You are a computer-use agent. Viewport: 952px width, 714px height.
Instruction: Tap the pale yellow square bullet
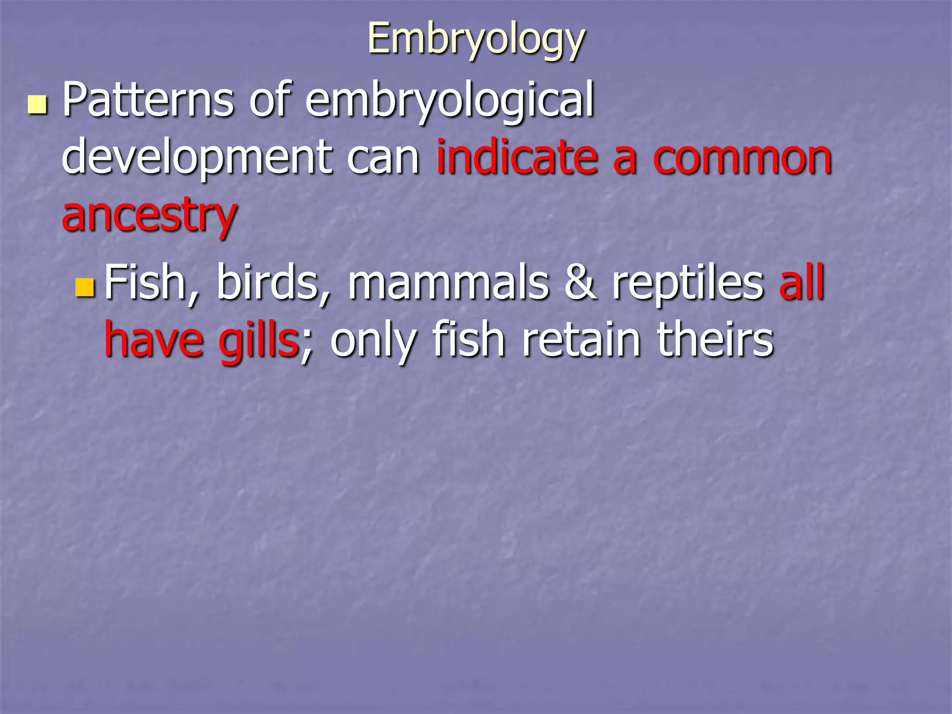pos(37,105)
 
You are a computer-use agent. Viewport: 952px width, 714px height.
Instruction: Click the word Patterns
pos(148,99)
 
